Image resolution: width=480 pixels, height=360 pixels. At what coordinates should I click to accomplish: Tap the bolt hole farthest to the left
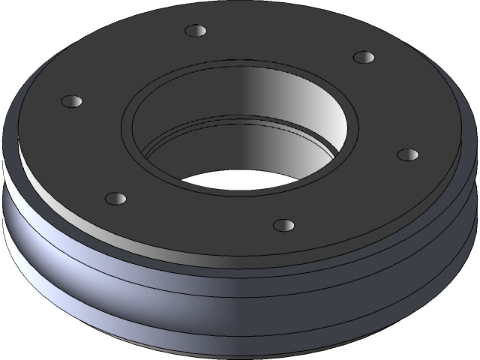70,100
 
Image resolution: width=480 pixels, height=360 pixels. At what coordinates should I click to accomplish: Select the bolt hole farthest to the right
407,154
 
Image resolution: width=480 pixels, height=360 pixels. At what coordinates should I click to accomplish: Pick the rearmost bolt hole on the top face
195,31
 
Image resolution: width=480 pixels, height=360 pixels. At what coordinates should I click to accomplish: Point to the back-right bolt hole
363,57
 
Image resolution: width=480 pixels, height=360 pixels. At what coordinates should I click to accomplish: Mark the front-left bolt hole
115,198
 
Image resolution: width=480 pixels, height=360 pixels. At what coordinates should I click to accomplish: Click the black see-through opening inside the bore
232,179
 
